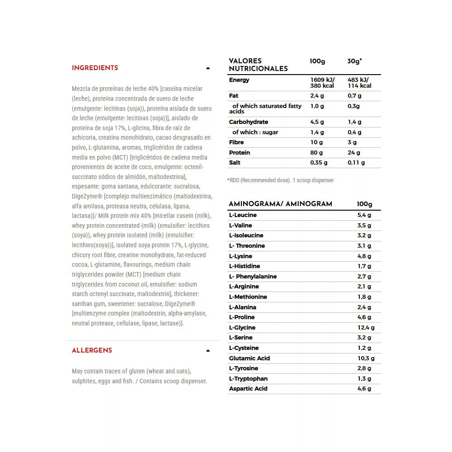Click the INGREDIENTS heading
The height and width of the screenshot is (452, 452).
click(x=95, y=68)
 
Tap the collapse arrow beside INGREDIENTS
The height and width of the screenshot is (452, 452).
click(x=208, y=68)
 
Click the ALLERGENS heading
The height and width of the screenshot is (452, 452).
click(x=92, y=350)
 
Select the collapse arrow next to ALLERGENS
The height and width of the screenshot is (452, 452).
click(x=208, y=351)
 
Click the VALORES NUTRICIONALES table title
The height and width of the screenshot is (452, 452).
click(x=258, y=65)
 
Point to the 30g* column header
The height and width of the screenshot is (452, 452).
click(x=354, y=61)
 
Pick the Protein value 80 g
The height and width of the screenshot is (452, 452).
click(x=316, y=153)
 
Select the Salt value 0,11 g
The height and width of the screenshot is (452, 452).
click(x=356, y=163)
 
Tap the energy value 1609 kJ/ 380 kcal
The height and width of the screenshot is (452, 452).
click(x=322, y=83)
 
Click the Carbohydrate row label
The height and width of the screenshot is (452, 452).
click(x=249, y=122)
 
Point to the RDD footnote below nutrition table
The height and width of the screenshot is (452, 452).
click(x=280, y=180)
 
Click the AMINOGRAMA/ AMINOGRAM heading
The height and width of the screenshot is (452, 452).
click(x=280, y=204)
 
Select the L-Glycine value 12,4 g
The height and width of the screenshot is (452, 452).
click(x=366, y=328)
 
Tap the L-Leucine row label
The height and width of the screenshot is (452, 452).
click(x=243, y=215)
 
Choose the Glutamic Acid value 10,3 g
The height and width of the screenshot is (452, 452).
click(x=366, y=358)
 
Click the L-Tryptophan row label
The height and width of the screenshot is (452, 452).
click(x=248, y=379)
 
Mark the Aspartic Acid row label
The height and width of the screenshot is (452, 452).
click(x=248, y=389)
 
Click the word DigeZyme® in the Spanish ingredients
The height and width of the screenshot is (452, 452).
click(x=88, y=196)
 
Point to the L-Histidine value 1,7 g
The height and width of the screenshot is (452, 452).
click(x=364, y=266)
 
